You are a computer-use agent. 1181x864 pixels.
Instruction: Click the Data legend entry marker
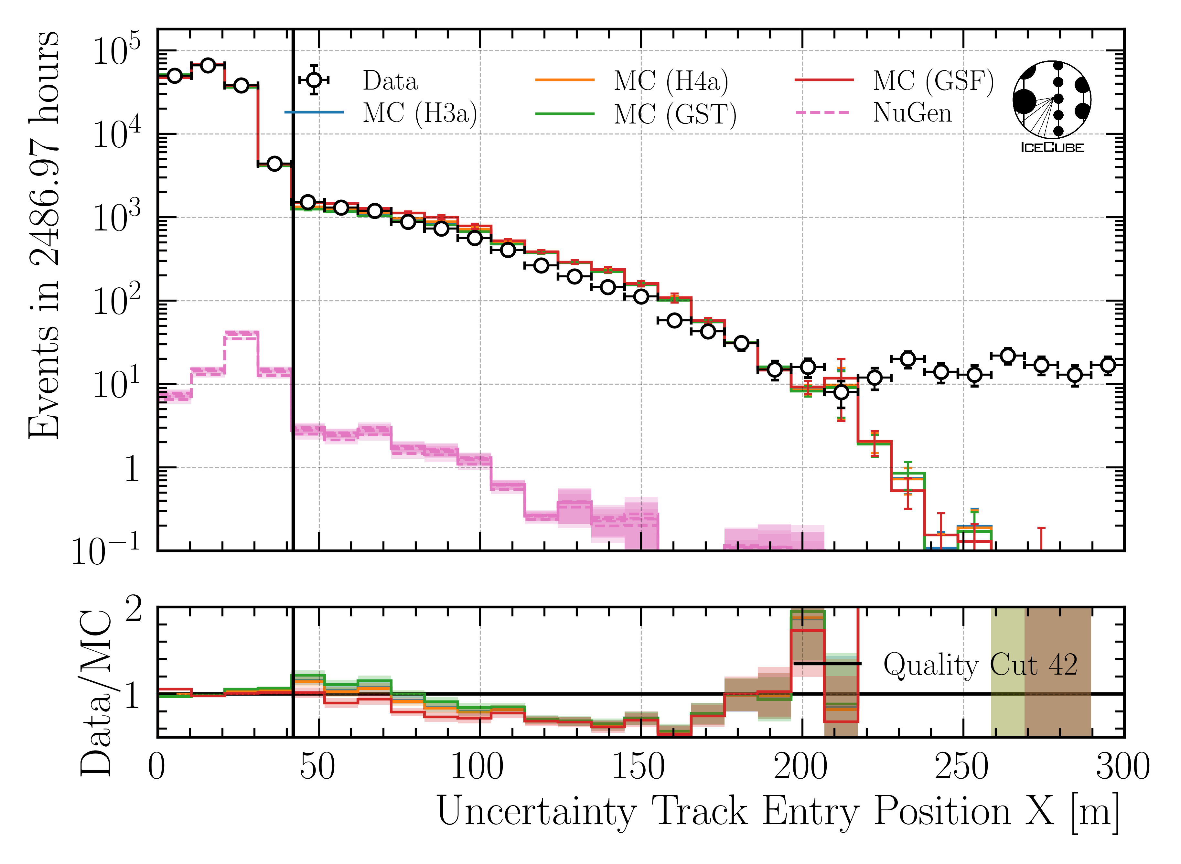[x=314, y=80]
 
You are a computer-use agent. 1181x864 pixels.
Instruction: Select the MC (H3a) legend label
[x=420, y=113]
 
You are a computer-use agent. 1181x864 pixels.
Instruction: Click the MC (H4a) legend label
[x=671, y=81]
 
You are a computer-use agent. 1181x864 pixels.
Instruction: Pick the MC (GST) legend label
[x=675, y=114]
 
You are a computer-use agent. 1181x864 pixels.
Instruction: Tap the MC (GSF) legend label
[x=933, y=81]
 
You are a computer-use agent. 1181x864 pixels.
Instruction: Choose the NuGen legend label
[x=912, y=113]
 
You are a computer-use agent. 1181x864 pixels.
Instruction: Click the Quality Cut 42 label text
[x=980, y=665]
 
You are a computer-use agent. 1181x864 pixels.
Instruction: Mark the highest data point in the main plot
[x=208, y=65]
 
